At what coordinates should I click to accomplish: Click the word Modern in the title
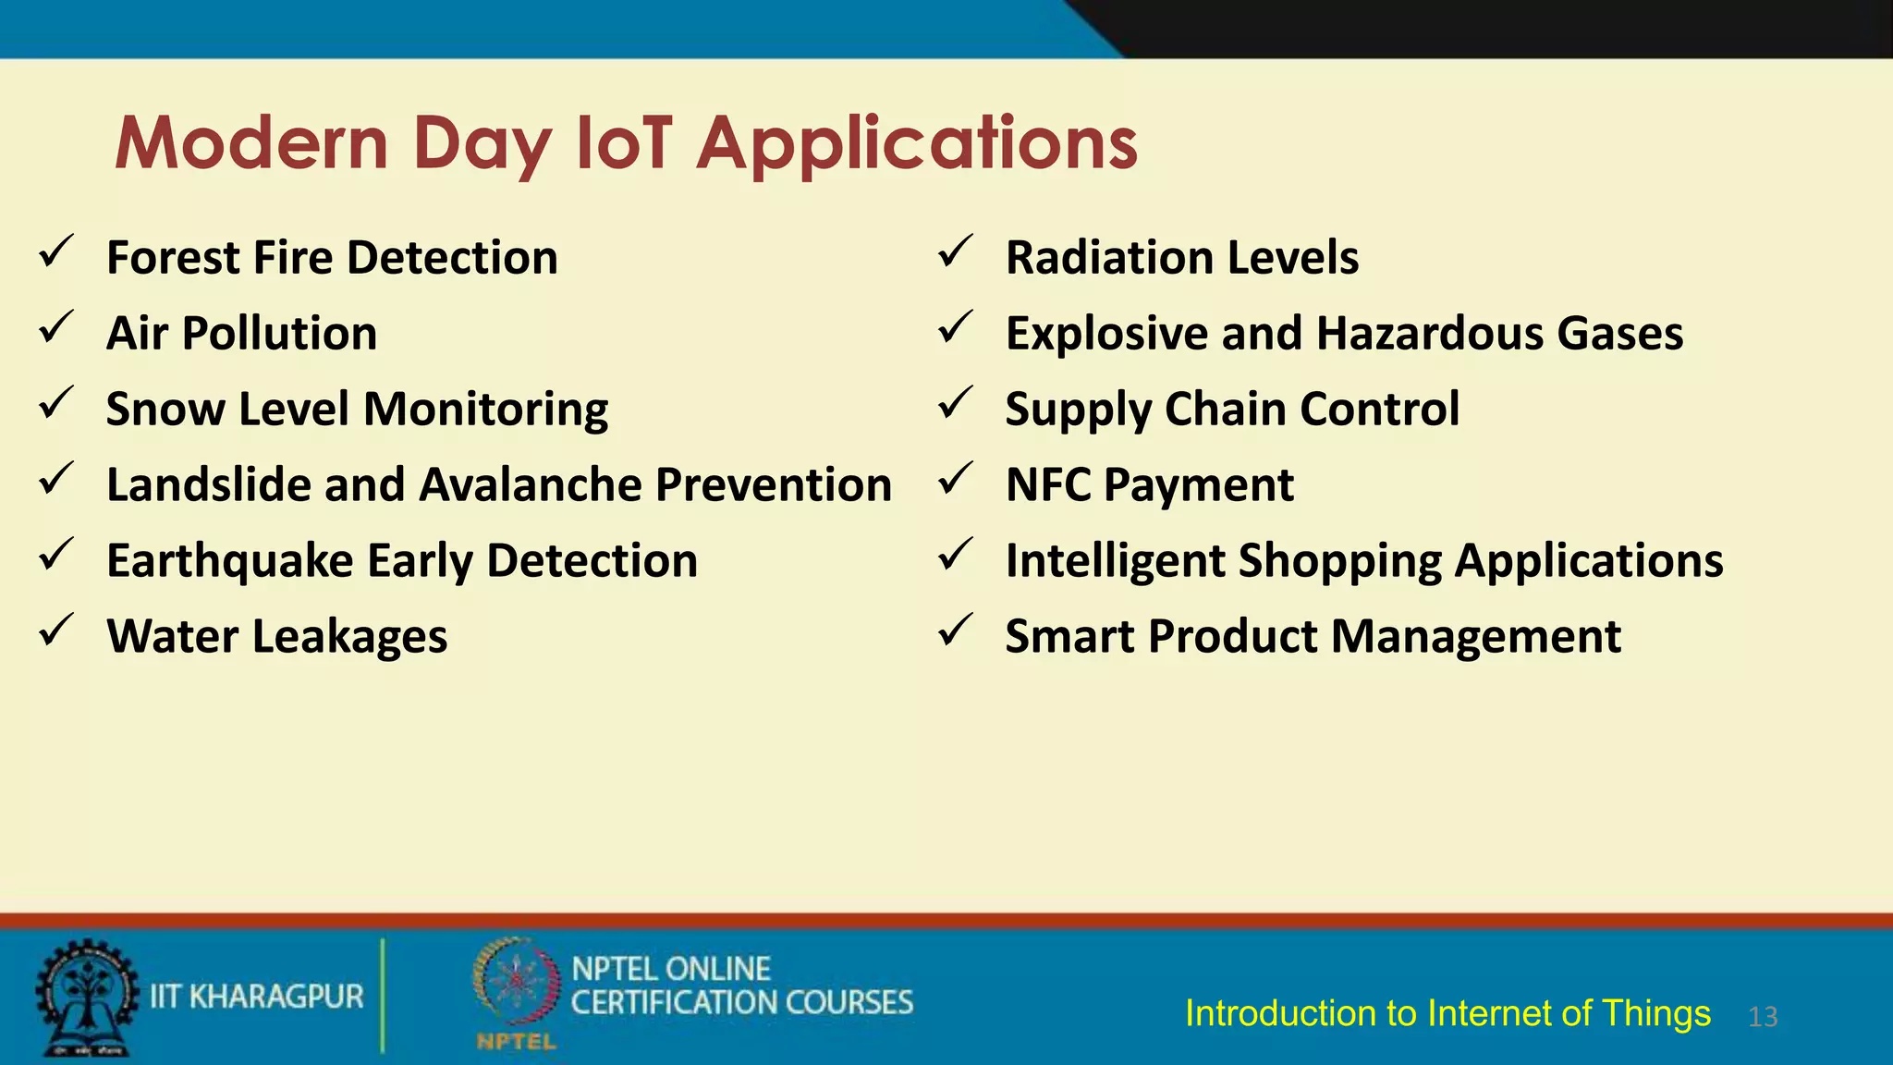pyautogui.click(x=251, y=143)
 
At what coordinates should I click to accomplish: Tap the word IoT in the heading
pyautogui.click(x=624, y=143)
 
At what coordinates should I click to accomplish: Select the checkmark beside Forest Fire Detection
pyautogui.click(x=56, y=251)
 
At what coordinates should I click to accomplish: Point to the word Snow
pyautogui.click(x=165, y=409)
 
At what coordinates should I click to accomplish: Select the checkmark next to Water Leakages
pyautogui.click(x=56, y=630)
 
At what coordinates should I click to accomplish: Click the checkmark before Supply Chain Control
pyautogui.click(x=955, y=403)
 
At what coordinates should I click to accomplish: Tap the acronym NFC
pyautogui.click(x=1047, y=484)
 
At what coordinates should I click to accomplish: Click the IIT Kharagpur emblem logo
pyautogui.click(x=86, y=998)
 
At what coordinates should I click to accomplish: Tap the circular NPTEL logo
pyautogui.click(x=517, y=985)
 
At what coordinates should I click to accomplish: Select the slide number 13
pyautogui.click(x=1763, y=1017)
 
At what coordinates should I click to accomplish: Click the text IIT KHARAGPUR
pyautogui.click(x=257, y=997)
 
